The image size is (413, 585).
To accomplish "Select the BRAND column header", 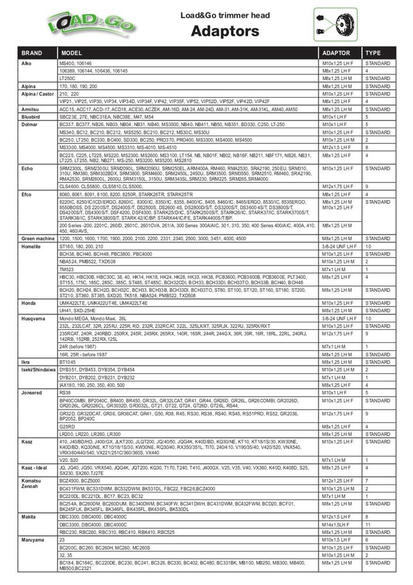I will click(x=32, y=53).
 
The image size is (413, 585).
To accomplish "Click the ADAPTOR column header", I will click(x=336, y=53).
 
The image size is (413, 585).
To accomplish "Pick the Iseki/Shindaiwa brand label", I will click(x=37, y=370).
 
